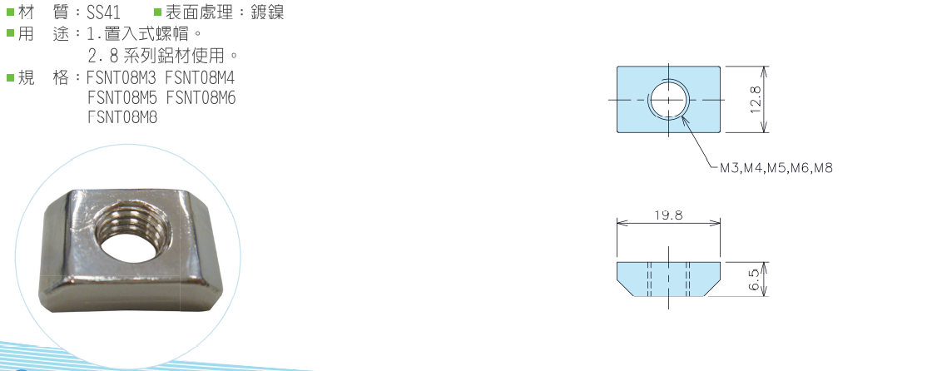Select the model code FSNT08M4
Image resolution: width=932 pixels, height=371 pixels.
201,78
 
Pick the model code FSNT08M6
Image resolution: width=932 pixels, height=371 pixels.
201,97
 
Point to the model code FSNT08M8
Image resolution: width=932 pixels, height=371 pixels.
122,117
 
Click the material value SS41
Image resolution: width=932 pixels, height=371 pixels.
103,12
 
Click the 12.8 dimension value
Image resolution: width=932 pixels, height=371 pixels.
756,100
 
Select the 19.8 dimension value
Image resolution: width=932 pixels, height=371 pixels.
669,215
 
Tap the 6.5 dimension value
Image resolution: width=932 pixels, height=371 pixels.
755,279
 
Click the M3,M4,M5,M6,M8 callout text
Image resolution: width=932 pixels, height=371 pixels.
776,168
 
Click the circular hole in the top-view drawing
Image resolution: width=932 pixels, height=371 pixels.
669,99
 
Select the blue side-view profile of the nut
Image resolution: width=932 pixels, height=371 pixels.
669,279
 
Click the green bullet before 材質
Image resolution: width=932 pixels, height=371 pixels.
10,12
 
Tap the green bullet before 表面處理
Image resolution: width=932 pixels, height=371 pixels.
157,12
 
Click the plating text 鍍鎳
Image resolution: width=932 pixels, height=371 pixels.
267,12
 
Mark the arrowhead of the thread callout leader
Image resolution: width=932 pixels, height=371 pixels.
683,118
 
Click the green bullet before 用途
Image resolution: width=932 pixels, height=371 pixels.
10,33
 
